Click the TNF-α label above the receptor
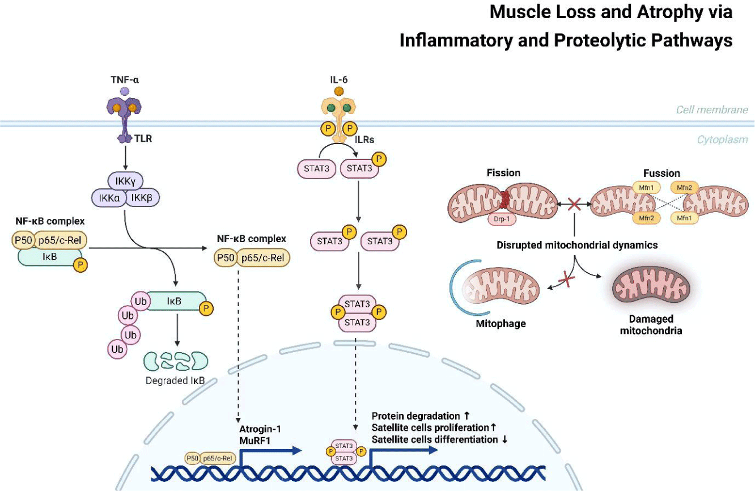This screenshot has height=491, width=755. [125, 80]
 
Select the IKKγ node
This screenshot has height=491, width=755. [125, 181]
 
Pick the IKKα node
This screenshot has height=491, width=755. [108, 197]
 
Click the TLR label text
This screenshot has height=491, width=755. [145, 138]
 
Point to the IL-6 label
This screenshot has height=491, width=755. [338, 80]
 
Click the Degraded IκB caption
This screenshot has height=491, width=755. [175, 380]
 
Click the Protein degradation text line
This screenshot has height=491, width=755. [416, 416]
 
